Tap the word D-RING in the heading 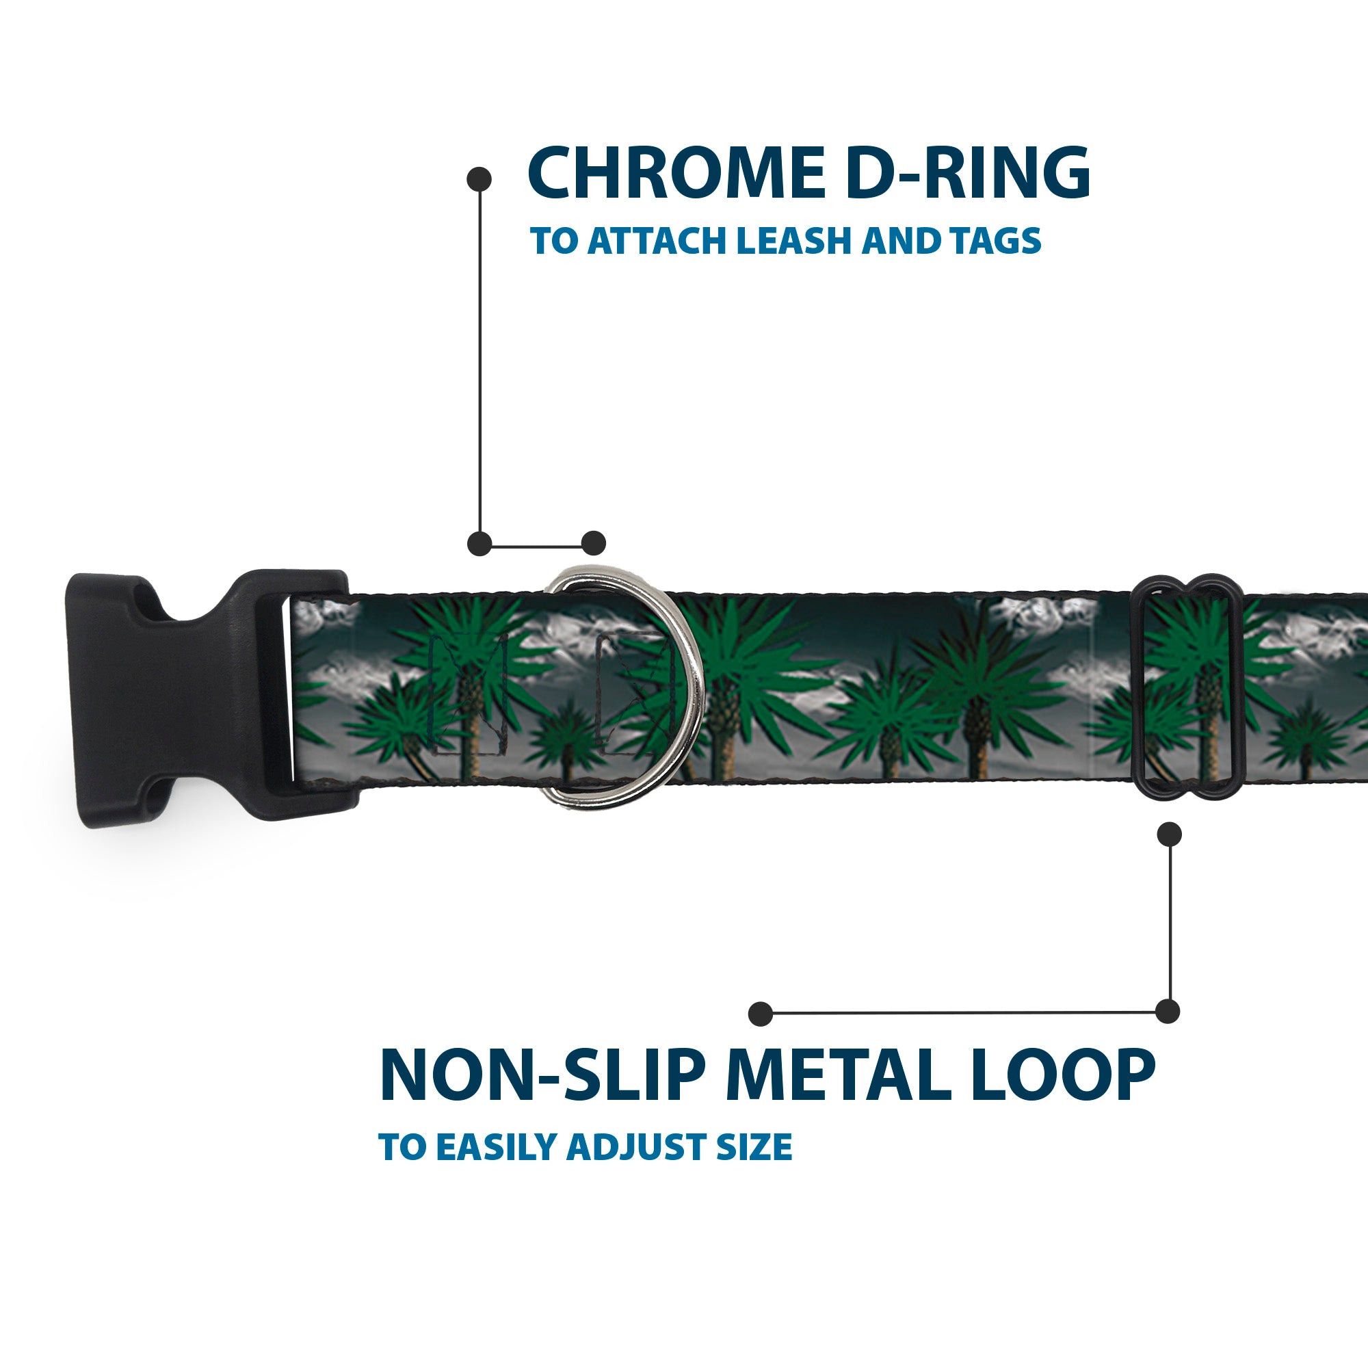pos(967,173)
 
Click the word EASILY pos(499,1147)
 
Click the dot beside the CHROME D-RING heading pos(479,179)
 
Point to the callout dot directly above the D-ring pos(593,543)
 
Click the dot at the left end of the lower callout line pos(761,1013)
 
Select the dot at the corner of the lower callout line pos(1168,1011)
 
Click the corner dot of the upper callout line pos(480,544)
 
